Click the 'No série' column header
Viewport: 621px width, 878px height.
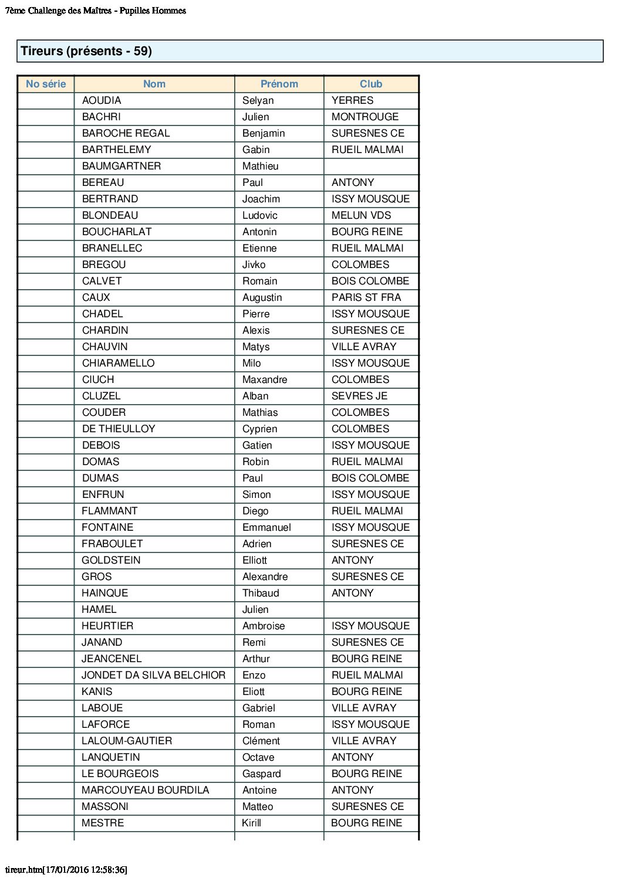coord(46,84)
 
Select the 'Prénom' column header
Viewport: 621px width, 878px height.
coord(279,84)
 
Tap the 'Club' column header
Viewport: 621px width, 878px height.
coord(371,84)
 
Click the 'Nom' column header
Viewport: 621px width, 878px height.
coord(154,84)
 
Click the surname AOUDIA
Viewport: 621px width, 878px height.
coord(102,100)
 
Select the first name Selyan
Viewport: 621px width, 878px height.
coord(258,100)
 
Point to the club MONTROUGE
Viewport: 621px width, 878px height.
coord(365,117)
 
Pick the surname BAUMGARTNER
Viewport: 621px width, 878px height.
coord(122,166)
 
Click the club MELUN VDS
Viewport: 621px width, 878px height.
coord(361,215)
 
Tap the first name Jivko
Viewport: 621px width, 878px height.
coord(254,265)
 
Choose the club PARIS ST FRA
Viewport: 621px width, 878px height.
coord(366,297)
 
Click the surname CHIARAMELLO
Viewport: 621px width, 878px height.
coord(118,363)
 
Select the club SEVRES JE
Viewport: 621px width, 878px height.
coord(359,396)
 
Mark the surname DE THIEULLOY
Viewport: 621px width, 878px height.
coord(119,429)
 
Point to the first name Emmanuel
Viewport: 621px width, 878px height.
coord(266,527)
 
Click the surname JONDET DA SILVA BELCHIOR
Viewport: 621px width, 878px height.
coord(153,675)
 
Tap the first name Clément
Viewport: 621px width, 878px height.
coord(261,741)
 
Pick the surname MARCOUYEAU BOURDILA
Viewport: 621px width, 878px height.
coord(145,790)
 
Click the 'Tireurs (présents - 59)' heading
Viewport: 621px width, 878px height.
coord(86,51)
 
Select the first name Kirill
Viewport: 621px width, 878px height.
coord(251,823)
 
